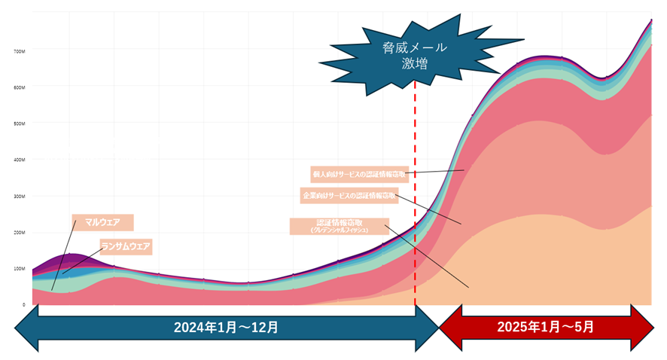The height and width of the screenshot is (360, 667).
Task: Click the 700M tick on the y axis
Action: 19,51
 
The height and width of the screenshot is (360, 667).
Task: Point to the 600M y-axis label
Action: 19,87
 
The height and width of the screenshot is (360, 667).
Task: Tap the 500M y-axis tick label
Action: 19,124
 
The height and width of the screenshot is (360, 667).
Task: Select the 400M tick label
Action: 19,160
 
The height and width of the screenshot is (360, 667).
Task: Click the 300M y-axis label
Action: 19,196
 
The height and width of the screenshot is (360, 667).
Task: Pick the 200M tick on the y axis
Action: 19,232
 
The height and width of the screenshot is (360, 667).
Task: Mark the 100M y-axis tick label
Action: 19,268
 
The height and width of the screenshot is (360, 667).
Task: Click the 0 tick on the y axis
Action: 23,304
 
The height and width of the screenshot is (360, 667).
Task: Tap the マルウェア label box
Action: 103,222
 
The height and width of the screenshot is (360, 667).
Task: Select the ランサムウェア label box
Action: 126,246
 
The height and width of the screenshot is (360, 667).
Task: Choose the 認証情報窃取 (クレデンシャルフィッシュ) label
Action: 340,226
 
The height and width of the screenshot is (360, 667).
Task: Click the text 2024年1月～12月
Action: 226,328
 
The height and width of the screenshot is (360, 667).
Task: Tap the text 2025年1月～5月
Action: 545,328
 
